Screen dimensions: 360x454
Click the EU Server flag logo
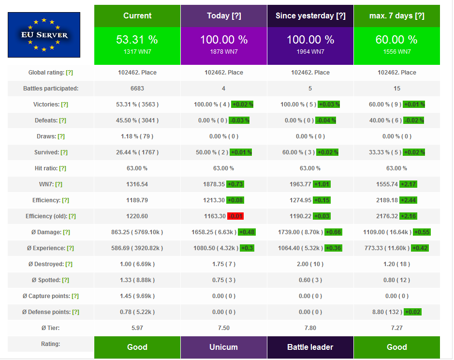[44, 35]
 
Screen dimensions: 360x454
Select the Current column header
[137, 16]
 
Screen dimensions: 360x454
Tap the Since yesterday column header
[310, 16]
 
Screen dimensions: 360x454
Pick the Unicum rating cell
[224, 347]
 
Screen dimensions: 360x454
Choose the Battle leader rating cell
[310, 347]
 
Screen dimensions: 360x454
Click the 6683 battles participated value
[137, 89]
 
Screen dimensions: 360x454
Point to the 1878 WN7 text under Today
[224, 52]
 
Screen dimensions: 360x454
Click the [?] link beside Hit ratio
[62, 168]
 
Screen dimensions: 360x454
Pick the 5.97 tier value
[137, 328]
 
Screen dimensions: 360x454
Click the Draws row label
[46, 136]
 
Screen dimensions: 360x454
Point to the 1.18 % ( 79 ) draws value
[137, 136]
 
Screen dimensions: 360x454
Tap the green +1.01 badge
[322, 184]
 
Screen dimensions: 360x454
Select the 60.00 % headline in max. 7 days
[396, 40]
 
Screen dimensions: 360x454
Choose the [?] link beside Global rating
[70, 73]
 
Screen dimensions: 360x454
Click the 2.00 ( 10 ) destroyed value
[310, 264]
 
